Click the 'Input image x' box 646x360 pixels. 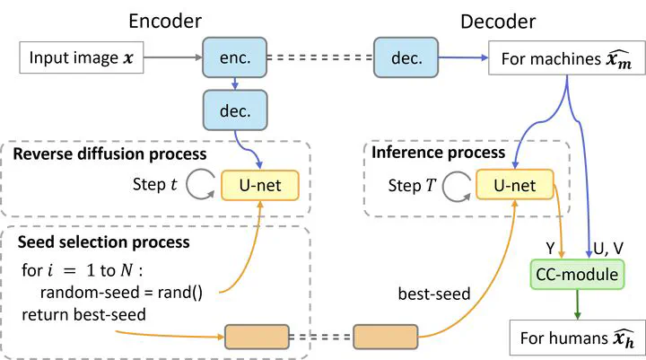[82, 57]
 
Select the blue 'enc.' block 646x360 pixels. [234, 57]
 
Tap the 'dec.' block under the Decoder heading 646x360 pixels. [406, 57]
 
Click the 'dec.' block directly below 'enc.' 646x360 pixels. [235, 110]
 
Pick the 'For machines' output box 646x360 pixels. [567, 58]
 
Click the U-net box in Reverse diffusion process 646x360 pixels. [260, 185]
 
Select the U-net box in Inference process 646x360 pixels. [515, 184]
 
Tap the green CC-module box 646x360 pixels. [577, 274]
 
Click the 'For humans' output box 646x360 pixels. [578, 338]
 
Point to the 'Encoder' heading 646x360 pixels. [165, 21]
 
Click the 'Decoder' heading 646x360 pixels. [498, 22]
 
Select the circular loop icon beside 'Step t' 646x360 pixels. [201, 185]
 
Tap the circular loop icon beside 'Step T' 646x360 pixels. [457, 186]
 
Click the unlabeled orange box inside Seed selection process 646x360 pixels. [257, 337]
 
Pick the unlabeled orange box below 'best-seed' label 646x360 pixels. [386, 337]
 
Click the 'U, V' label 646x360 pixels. [608, 249]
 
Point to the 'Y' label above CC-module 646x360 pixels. [550, 249]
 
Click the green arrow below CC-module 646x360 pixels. [577, 304]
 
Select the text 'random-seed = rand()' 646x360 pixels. [121, 293]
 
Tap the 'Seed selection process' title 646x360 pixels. [103, 242]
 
